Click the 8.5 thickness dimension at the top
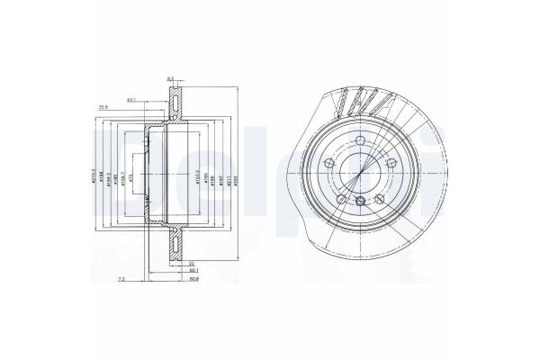[171, 79]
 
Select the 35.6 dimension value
[104, 106]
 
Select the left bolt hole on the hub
[328, 164]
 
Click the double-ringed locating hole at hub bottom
[361, 202]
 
